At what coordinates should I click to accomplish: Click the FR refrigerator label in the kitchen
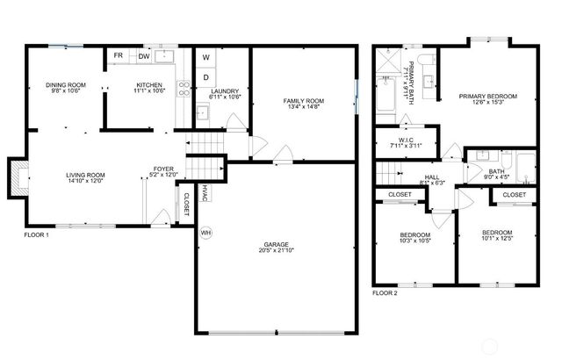tap(119, 55)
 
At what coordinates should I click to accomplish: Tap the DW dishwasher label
tap(142, 55)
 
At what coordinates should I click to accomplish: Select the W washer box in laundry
tap(206, 58)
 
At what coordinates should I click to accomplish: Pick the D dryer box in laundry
tap(206, 77)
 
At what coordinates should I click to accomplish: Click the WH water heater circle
tap(206, 233)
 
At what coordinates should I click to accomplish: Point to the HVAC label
tap(203, 191)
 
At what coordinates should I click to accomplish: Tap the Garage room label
tap(277, 244)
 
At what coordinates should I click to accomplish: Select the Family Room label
tap(303, 102)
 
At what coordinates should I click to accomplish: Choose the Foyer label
tap(163, 169)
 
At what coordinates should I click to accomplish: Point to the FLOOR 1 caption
tap(36, 234)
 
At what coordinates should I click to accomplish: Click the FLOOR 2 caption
tap(385, 292)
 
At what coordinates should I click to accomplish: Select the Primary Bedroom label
tap(487, 96)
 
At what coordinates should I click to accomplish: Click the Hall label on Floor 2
tap(432, 177)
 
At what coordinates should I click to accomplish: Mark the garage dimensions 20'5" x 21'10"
tap(277, 252)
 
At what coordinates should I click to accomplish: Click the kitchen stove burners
tap(184, 87)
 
